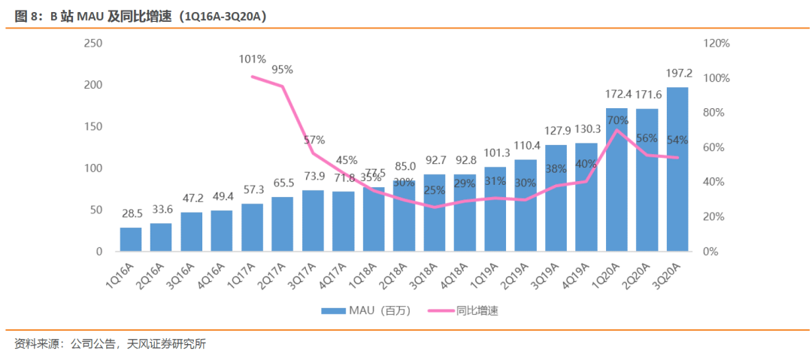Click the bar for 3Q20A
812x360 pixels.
pyautogui.click(x=677, y=169)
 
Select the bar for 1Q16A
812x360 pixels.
pyautogui.click(x=131, y=239)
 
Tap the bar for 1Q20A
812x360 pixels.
pyautogui.click(x=617, y=180)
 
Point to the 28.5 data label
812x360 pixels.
pyautogui.click(x=131, y=215)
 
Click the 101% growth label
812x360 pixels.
pyautogui.click(x=253, y=59)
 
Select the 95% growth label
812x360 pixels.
pyautogui.click(x=283, y=69)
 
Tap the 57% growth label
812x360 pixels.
pyautogui.click(x=314, y=140)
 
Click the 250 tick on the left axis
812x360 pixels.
pyautogui.click(x=93, y=44)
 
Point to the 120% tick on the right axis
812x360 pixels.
pyautogui.click(x=716, y=44)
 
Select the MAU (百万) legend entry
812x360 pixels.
pyautogui.click(x=366, y=310)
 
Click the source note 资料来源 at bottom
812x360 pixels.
pyautogui.click(x=110, y=344)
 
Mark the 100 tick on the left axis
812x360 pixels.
pyautogui.click(x=93, y=168)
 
